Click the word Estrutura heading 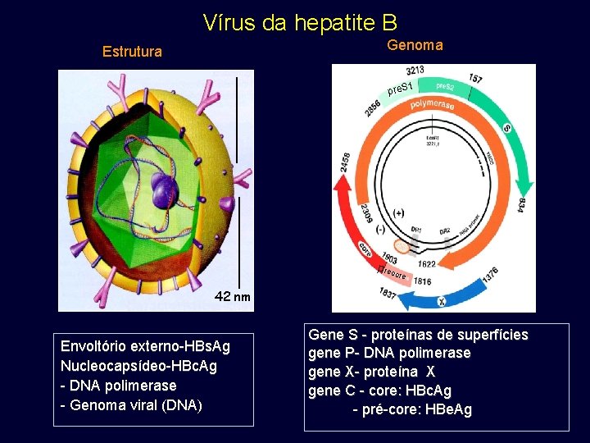[x=132, y=52]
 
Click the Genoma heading [x=415, y=45]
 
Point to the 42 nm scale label [x=233, y=297]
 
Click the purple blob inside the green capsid [x=166, y=192]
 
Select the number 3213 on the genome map [x=415, y=71]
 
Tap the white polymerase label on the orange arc [x=432, y=106]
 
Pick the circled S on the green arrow [x=506, y=129]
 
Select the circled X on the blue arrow [x=441, y=302]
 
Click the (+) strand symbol [x=399, y=212]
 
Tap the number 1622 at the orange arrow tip [x=427, y=264]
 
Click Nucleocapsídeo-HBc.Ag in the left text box [x=139, y=366]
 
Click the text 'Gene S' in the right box [x=331, y=335]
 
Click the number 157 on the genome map [x=475, y=79]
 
